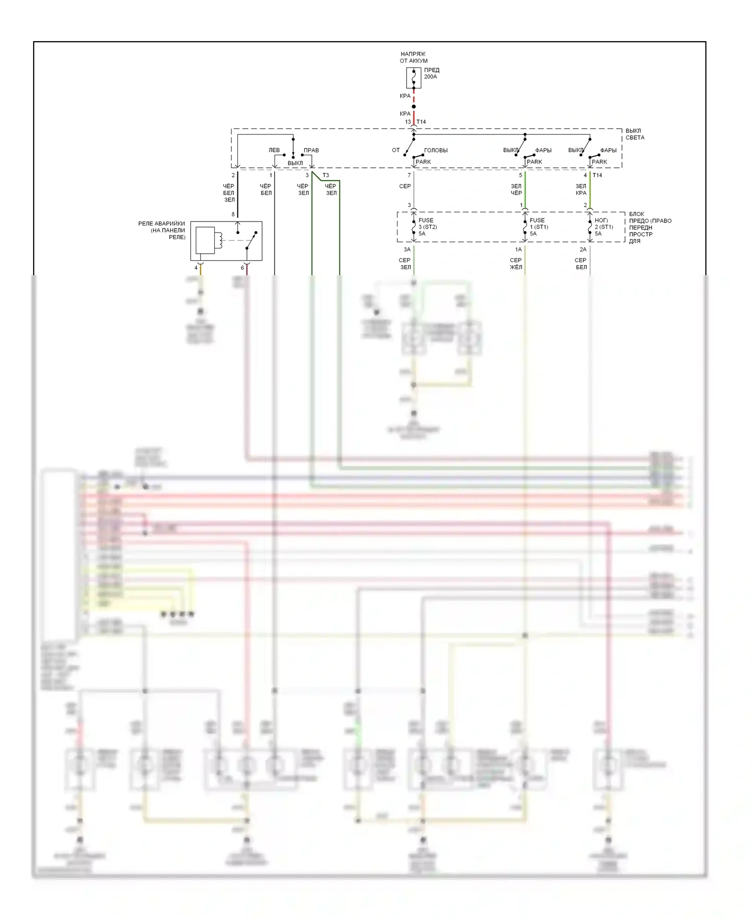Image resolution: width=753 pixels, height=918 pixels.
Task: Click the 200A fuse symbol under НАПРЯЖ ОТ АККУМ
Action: pos(414,78)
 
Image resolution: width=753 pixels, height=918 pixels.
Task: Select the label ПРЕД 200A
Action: pos(431,73)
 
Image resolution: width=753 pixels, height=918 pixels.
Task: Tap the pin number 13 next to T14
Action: pos(408,122)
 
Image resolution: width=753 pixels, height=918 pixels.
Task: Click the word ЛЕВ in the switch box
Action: pos(274,150)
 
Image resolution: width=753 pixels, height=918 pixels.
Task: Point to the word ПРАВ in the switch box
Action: pos(311,150)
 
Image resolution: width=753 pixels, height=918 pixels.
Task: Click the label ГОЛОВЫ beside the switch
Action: pos(436,150)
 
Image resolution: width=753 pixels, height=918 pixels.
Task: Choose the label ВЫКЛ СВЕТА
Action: pos(635,134)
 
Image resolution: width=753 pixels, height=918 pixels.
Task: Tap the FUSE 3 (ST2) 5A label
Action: pos(427,227)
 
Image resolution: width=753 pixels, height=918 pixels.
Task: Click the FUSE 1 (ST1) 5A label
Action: pos(539,227)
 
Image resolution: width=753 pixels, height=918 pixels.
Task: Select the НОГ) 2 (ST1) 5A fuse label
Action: pos(603,227)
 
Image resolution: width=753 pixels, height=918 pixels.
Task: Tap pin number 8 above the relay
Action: pos(233,214)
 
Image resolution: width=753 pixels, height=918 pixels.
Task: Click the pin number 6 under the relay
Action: pos(242,268)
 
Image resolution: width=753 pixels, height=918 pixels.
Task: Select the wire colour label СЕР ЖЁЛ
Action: pos(516,264)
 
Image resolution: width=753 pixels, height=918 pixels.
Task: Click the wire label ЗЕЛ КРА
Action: pos(581,189)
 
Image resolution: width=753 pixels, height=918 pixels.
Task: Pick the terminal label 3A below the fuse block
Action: pos(407,250)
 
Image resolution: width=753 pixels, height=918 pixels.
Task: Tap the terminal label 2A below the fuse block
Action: pos(583,250)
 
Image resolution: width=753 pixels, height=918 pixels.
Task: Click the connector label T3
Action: pos(326,175)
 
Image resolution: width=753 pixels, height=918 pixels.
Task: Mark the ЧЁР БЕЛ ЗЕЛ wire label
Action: pos(229,193)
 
